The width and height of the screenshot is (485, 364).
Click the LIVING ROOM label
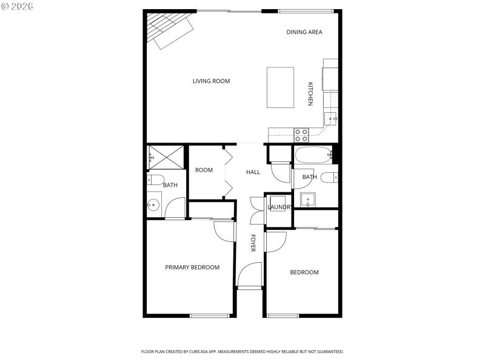click(211, 81)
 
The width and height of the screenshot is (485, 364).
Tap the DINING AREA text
click(304, 32)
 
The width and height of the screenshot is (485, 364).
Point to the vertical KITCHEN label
click(310, 94)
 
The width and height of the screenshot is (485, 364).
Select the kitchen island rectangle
click(281, 87)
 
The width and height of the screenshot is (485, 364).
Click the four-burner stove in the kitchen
click(301, 134)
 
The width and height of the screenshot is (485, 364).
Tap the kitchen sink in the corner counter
click(330, 119)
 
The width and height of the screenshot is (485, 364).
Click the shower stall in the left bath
click(166, 157)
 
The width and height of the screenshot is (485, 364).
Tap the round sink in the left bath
click(153, 205)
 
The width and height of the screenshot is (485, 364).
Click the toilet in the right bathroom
click(329, 178)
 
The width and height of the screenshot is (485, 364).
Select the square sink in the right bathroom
click(307, 199)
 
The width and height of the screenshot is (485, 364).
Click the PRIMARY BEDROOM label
click(192, 268)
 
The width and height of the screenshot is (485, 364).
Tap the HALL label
click(253, 172)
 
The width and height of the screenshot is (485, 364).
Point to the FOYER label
click(253, 243)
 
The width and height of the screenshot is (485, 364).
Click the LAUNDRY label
click(279, 207)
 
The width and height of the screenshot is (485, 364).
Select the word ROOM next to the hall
click(204, 170)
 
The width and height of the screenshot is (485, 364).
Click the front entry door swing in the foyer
click(250, 276)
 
